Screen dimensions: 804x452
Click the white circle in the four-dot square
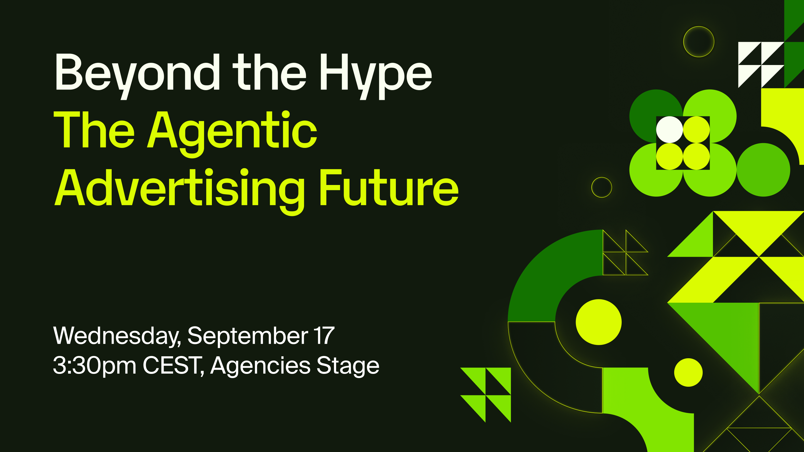click(669, 129)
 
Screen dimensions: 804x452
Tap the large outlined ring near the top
click(699, 27)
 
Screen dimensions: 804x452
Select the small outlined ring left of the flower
click(602, 177)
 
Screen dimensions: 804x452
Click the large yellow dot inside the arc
click(599, 322)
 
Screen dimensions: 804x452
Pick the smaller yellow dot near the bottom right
click(688, 372)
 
